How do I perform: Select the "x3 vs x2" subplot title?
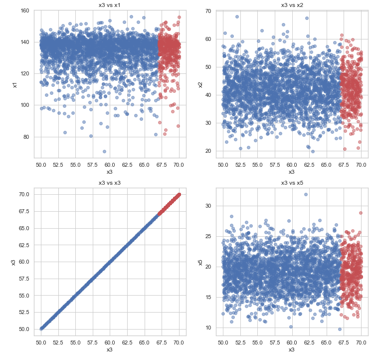(291, 5)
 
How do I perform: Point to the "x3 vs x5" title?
(291, 183)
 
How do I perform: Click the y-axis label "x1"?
(15, 84)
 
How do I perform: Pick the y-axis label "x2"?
(199, 84)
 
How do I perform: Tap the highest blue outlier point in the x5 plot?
(306, 194)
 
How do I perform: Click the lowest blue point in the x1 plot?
(104, 151)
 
